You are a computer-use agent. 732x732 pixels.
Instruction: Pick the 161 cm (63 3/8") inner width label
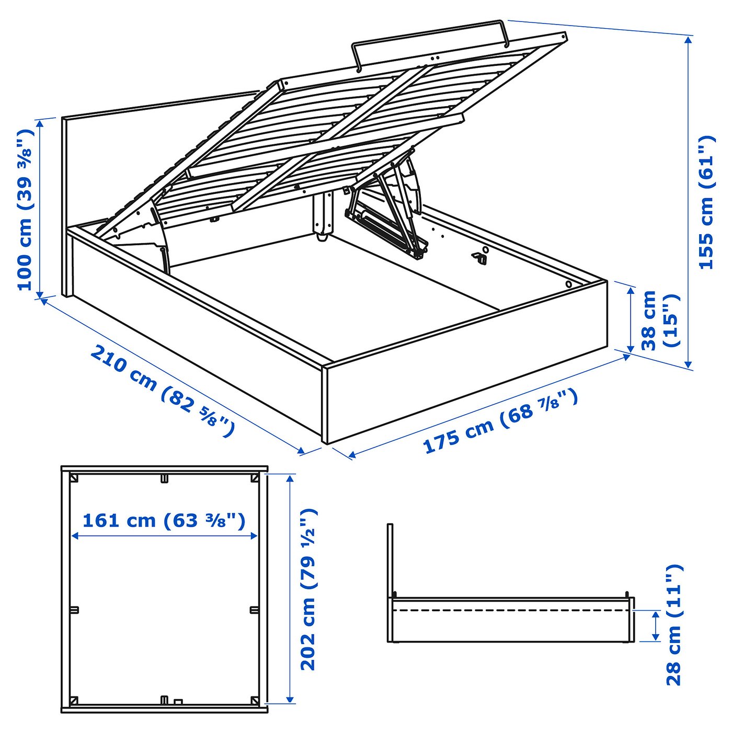click(x=164, y=521)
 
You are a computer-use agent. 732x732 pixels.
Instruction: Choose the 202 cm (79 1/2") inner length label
click(x=308, y=589)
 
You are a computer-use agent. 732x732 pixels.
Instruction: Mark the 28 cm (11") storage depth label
click(x=674, y=625)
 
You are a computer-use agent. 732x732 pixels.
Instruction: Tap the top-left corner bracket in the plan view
click(x=74, y=478)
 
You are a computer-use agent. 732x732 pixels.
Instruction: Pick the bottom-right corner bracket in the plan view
click(x=255, y=700)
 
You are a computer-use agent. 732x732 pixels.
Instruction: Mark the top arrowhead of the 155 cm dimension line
click(x=689, y=40)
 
